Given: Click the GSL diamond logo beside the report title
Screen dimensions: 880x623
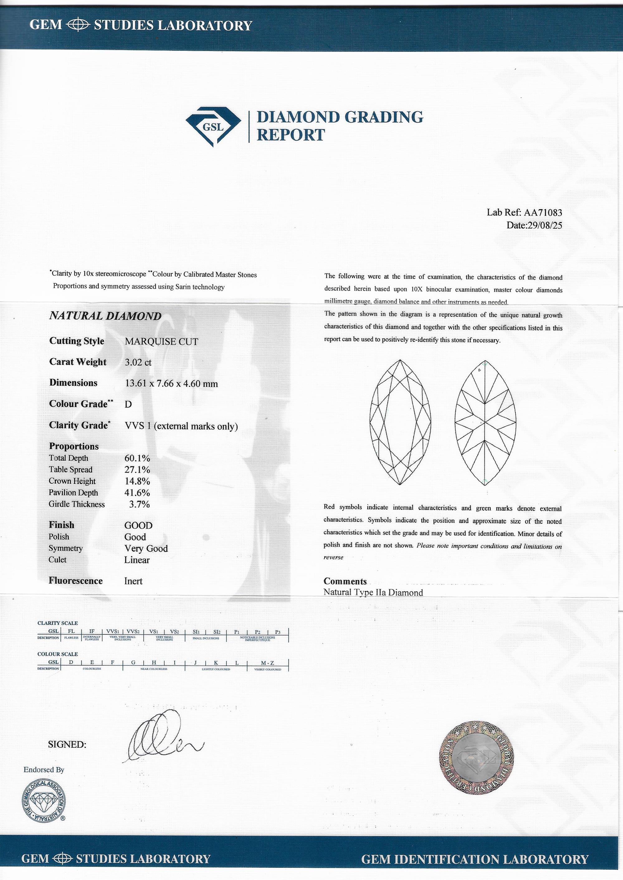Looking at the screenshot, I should pyautogui.click(x=213, y=126).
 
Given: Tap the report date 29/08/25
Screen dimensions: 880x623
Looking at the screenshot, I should pyautogui.click(x=545, y=225).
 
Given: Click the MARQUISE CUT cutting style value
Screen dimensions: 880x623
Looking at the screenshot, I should pyautogui.click(x=161, y=342).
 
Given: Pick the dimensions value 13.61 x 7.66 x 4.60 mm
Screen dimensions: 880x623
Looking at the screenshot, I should pyautogui.click(x=171, y=383).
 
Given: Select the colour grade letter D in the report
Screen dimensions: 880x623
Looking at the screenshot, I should pyautogui.click(x=128, y=405).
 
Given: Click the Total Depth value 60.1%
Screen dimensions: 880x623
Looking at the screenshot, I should pyautogui.click(x=137, y=458).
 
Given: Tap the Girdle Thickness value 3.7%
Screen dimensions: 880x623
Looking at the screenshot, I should pyautogui.click(x=139, y=504).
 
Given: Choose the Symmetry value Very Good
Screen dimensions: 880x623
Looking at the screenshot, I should pyautogui.click(x=146, y=549).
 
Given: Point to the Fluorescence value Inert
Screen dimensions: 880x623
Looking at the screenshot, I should pyautogui.click(x=133, y=581).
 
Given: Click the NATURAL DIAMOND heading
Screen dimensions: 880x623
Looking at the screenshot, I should pyautogui.click(x=106, y=316).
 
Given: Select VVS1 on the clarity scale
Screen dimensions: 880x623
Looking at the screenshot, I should pyautogui.click(x=112, y=631).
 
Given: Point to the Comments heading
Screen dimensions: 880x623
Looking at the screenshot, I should pyautogui.click(x=345, y=581).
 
